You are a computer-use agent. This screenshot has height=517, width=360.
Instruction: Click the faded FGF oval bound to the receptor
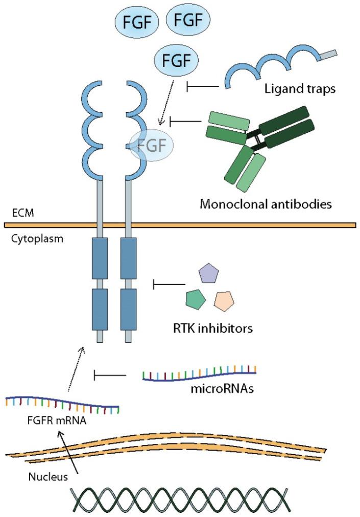click(x=152, y=145)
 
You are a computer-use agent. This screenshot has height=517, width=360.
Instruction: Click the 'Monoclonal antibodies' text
click(x=266, y=205)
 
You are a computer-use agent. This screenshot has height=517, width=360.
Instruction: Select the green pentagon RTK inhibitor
click(x=195, y=299)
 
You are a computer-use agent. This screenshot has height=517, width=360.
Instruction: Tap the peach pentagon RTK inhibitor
click(x=225, y=301)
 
